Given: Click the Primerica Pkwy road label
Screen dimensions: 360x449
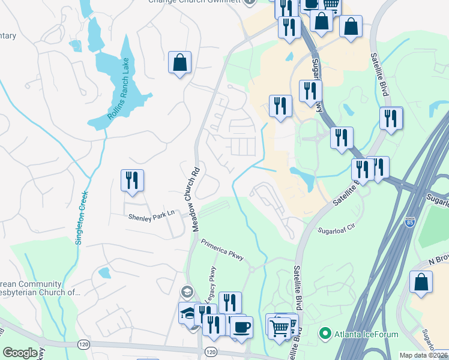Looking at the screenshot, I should tap(222, 250).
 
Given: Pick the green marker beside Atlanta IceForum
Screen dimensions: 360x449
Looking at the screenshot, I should tap(325, 332).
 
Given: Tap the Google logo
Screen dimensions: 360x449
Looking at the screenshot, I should tap(20, 353).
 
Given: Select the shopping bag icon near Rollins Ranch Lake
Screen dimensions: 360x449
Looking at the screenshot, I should tap(180, 62).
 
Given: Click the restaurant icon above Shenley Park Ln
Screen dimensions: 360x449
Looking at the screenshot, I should tap(131, 180).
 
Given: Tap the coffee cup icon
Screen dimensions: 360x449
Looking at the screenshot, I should tap(242, 327).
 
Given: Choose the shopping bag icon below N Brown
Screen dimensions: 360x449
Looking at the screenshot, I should tap(421, 281).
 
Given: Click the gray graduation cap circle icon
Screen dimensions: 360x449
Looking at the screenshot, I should tap(187, 292).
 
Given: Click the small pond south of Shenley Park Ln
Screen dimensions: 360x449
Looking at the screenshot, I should tap(105, 273).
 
